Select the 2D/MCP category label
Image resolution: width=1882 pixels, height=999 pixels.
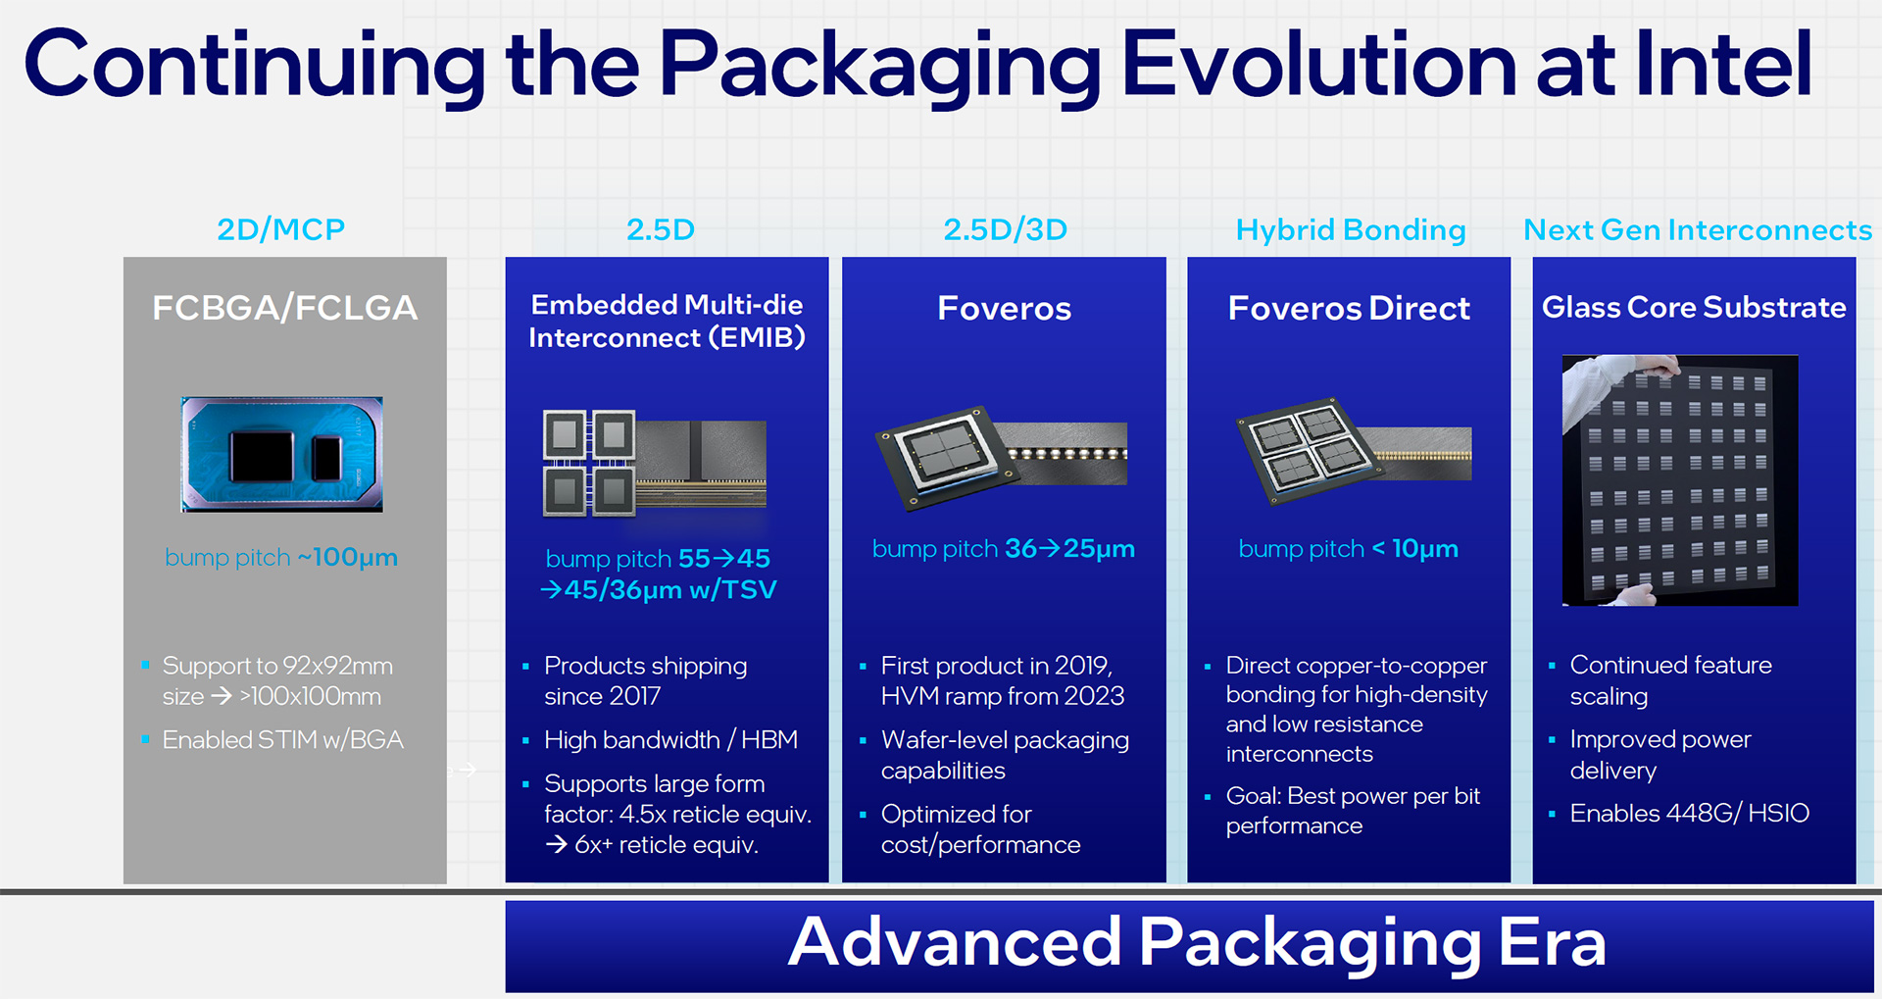281,229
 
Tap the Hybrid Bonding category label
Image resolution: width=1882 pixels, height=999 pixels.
1351,230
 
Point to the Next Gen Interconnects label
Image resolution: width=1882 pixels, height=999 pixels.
1698,229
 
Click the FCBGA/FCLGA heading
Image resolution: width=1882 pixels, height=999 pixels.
285,308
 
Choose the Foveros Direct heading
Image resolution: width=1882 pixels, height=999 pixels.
1349,308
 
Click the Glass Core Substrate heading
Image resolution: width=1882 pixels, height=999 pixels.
1694,307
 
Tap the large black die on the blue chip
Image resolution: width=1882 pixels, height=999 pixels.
262,457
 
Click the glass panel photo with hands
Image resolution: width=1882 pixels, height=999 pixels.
1680,480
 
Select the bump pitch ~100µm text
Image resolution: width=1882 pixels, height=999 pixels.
281,557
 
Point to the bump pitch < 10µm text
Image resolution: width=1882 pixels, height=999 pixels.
1349,548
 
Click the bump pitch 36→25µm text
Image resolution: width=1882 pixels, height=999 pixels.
1004,548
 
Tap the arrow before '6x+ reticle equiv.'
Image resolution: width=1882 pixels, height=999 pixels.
557,844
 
